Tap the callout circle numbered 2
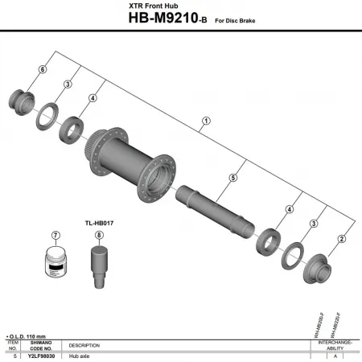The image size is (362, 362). coord(341,238)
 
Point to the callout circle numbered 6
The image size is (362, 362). coord(42,71)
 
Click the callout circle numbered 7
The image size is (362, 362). coord(56,236)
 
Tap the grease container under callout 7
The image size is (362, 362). coord(56,262)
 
